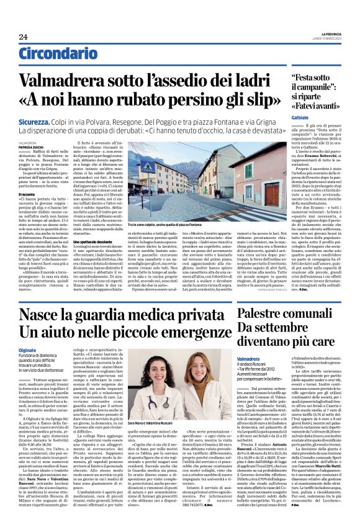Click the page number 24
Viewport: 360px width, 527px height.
coord(23,37)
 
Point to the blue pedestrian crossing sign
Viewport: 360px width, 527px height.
coord(150,168)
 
